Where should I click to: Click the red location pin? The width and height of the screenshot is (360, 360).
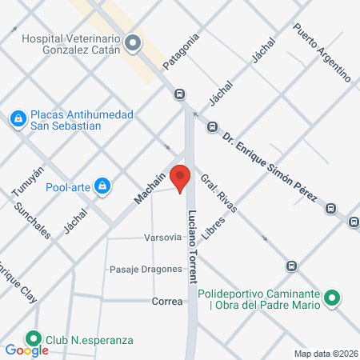coord(181,178)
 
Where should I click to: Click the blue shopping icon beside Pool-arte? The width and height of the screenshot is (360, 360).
coord(102,188)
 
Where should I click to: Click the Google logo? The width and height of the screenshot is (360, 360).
coord(26,350)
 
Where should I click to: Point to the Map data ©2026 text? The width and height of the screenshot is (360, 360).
coord(326,353)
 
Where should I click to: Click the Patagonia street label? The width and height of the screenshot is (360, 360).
coord(180,52)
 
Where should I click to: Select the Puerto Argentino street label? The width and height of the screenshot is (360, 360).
coord(322,52)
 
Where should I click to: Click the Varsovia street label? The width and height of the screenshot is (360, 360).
coord(163,238)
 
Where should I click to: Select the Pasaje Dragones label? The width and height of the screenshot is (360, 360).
coord(146,269)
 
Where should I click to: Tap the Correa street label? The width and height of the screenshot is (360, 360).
coord(167,301)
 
